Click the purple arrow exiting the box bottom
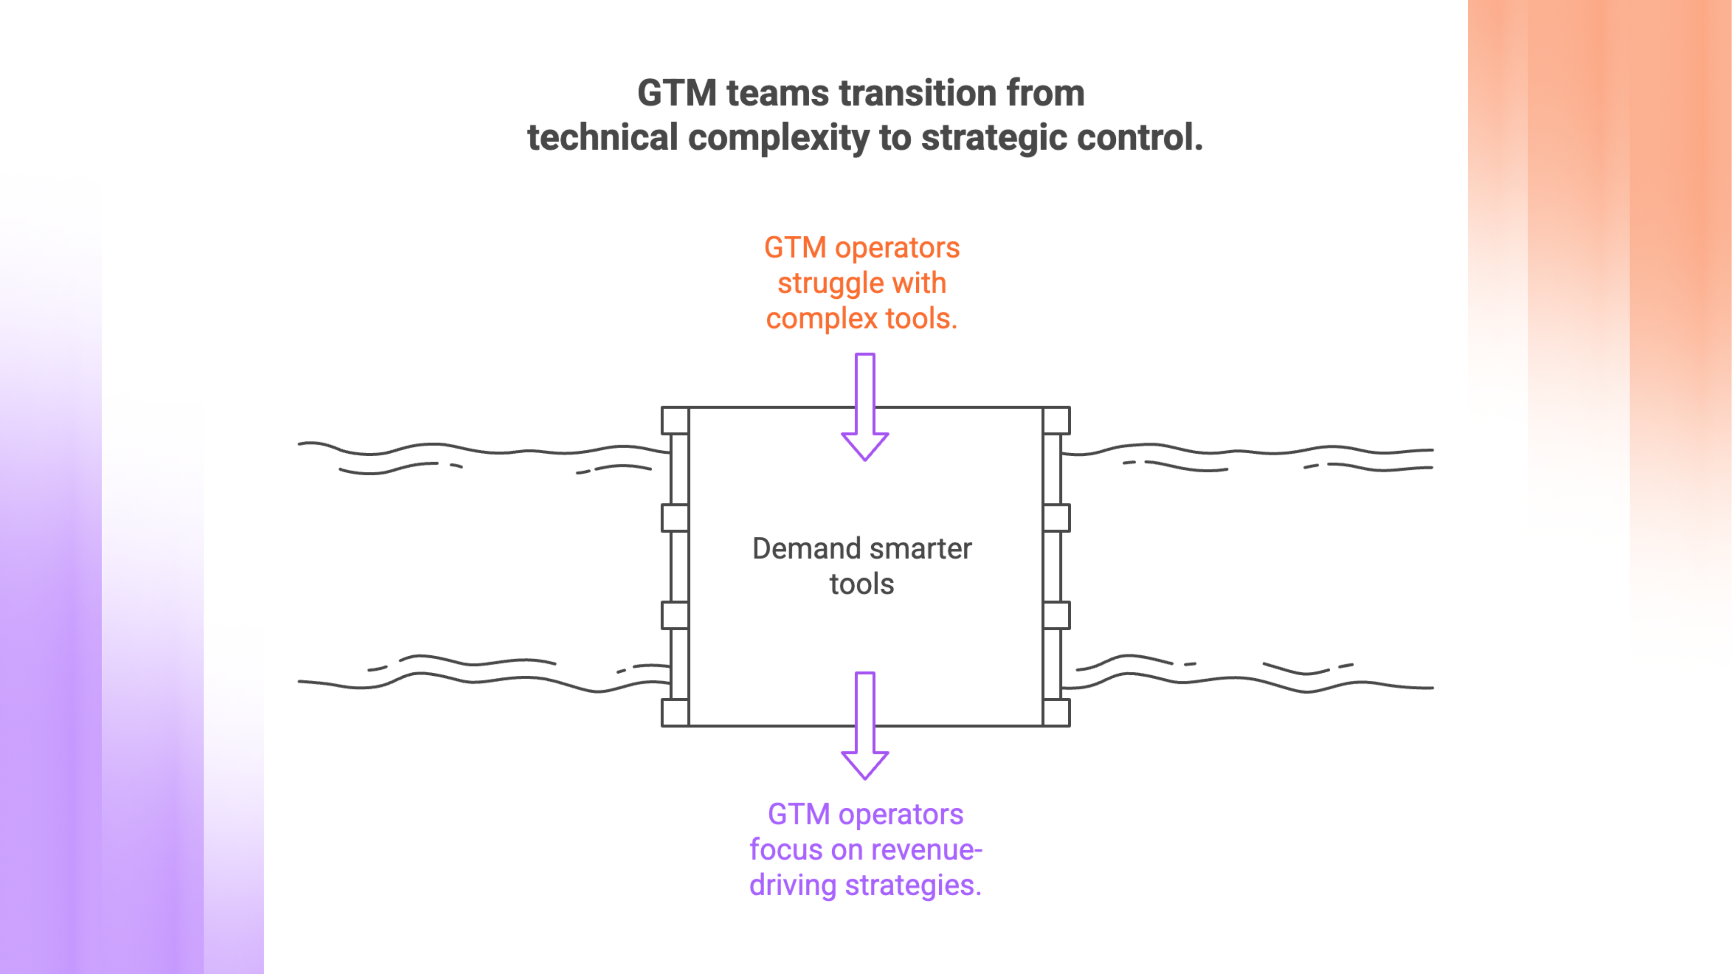(865, 726)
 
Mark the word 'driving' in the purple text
(793, 886)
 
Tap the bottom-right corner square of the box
(1056, 713)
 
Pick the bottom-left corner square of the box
(675, 713)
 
